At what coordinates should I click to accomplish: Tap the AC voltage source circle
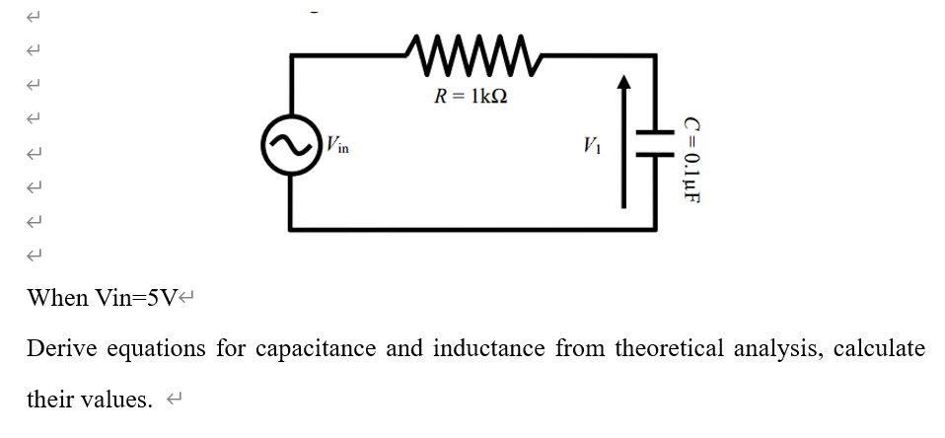[x=291, y=146]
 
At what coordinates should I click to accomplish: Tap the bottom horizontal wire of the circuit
[x=473, y=229]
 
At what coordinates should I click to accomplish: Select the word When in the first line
[x=56, y=298]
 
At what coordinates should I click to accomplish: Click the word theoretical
[x=668, y=349]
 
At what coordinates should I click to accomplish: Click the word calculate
[x=879, y=349]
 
